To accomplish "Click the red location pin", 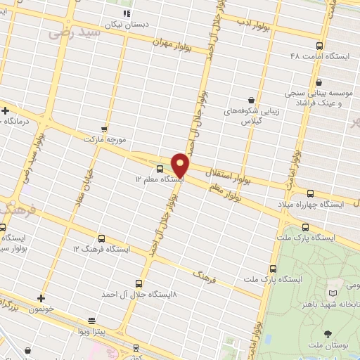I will tap(181, 165).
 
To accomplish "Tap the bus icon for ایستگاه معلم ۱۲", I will tap(160, 169).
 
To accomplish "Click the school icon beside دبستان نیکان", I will tap(126, 13).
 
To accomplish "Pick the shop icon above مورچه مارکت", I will tap(105, 129).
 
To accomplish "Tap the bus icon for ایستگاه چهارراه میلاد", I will tap(310, 193).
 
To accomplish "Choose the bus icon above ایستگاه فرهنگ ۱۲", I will tap(102, 238).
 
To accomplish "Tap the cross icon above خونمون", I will tap(41, 297).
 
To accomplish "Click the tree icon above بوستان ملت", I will tap(328, 334).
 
